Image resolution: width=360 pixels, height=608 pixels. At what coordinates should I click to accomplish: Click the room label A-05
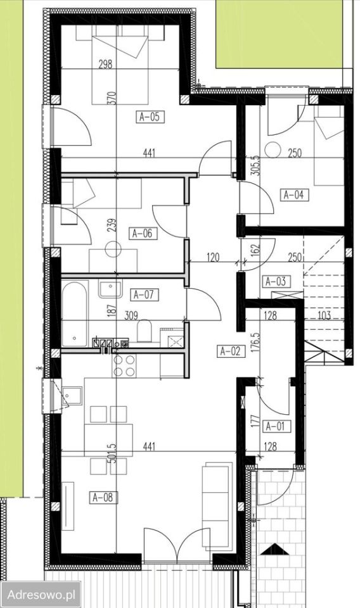pyautogui.click(x=150, y=117)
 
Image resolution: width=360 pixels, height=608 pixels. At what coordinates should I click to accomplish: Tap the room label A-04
pyautogui.click(x=293, y=194)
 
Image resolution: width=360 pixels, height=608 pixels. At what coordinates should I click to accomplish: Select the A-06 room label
pyautogui.click(x=143, y=234)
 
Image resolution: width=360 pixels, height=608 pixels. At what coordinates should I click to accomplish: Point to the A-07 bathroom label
pyautogui.click(x=143, y=294)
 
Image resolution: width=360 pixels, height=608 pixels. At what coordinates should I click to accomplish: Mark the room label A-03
pyautogui.click(x=276, y=281)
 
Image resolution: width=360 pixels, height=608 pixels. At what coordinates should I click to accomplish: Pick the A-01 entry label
pyautogui.click(x=276, y=426)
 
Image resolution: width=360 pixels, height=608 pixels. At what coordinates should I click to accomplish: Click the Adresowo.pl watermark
pyautogui.click(x=41, y=595)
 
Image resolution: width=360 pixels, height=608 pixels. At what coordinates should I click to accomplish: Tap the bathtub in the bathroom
pyautogui.click(x=75, y=314)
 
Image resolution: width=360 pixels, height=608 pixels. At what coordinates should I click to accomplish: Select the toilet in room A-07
pyautogui.click(x=143, y=331)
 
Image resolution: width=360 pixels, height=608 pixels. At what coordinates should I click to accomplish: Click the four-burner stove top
pyautogui.click(x=124, y=366)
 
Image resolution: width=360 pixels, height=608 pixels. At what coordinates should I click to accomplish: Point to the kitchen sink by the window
pyautogui.click(x=72, y=396)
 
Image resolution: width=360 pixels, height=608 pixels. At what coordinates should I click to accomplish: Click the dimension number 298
pyautogui.click(x=105, y=64)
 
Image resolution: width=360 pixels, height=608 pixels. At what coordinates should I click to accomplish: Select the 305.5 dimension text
pyautogui.click(x=255, y=164)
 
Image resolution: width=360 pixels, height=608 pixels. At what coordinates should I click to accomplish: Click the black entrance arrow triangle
pyautogui.click(x=276, y=550)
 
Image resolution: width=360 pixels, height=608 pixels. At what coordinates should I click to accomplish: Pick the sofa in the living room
pyautogui.click(x=215, y=507)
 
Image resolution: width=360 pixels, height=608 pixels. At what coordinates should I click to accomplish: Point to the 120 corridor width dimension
pyautogui.click(x=213, y=257)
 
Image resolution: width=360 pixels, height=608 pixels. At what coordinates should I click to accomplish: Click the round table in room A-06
pyautogui.click(x=113, y=249)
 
